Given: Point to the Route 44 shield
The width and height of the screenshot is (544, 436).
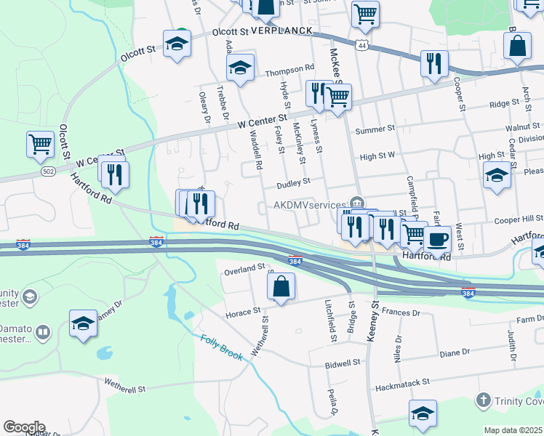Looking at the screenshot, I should [361, 45].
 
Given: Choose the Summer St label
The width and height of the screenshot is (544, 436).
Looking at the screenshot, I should [375, 130].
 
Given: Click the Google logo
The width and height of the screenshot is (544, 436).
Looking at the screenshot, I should [24, 427].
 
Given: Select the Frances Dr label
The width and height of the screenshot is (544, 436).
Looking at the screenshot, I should [401, 310].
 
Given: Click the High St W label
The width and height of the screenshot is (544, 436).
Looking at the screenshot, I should [377, 156].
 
